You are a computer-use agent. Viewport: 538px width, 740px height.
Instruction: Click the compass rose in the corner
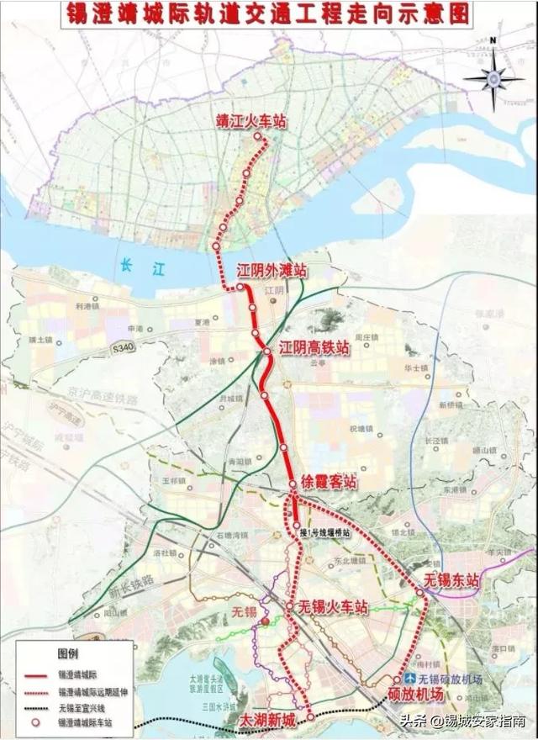tap(493, 77)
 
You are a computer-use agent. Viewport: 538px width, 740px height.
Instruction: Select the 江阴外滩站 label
tap(271, 271)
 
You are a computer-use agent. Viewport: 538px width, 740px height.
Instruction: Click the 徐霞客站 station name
tap(329, 483)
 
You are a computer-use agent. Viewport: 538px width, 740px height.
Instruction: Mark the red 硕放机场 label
tap(415, 695)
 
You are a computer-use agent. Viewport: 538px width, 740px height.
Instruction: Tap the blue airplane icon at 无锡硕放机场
tap(409, 679)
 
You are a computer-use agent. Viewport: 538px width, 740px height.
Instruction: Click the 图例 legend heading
tap(66, 653)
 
